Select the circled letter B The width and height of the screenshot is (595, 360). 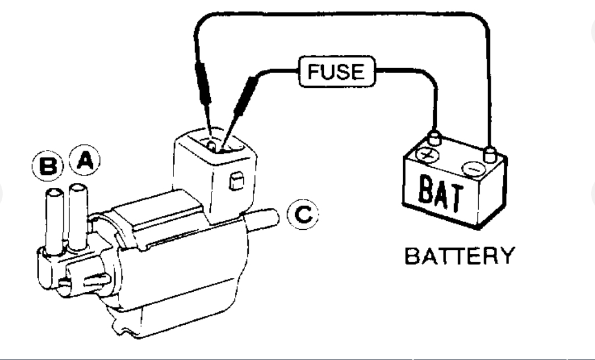click(48, 166)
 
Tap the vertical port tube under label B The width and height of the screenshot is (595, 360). click(54, 218)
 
